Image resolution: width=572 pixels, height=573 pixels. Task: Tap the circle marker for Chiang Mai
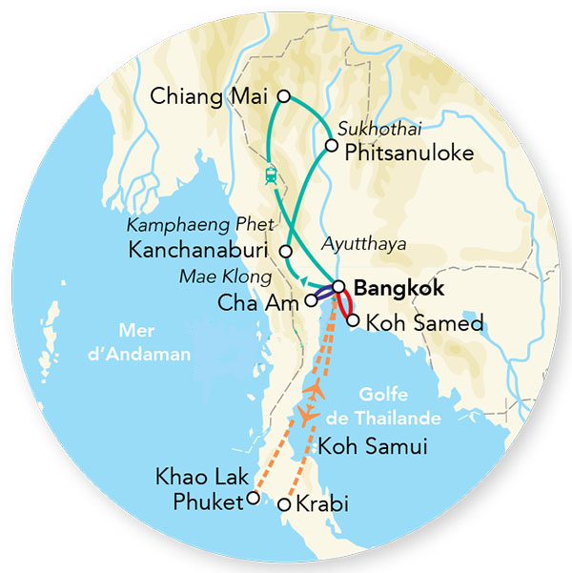tap(282, 95)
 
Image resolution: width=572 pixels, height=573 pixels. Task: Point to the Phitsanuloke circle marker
tap(331, 146)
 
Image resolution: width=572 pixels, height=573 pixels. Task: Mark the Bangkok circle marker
tap(338, 286)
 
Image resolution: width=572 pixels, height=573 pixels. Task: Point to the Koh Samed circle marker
tap(354, 321)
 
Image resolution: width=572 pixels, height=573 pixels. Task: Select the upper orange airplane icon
tap(318, 391)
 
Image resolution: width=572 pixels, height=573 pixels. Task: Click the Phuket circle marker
tap(252, 497)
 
